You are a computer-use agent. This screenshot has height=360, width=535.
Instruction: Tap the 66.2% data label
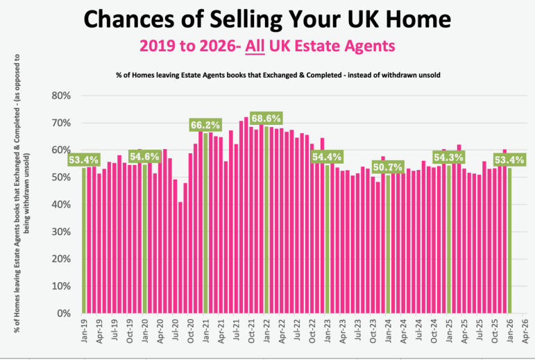click(x=205, y=125)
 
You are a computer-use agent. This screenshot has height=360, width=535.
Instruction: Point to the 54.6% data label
click(x=144, y=157)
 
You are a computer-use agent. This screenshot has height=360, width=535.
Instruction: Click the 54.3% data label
click(x=448, y=157)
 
